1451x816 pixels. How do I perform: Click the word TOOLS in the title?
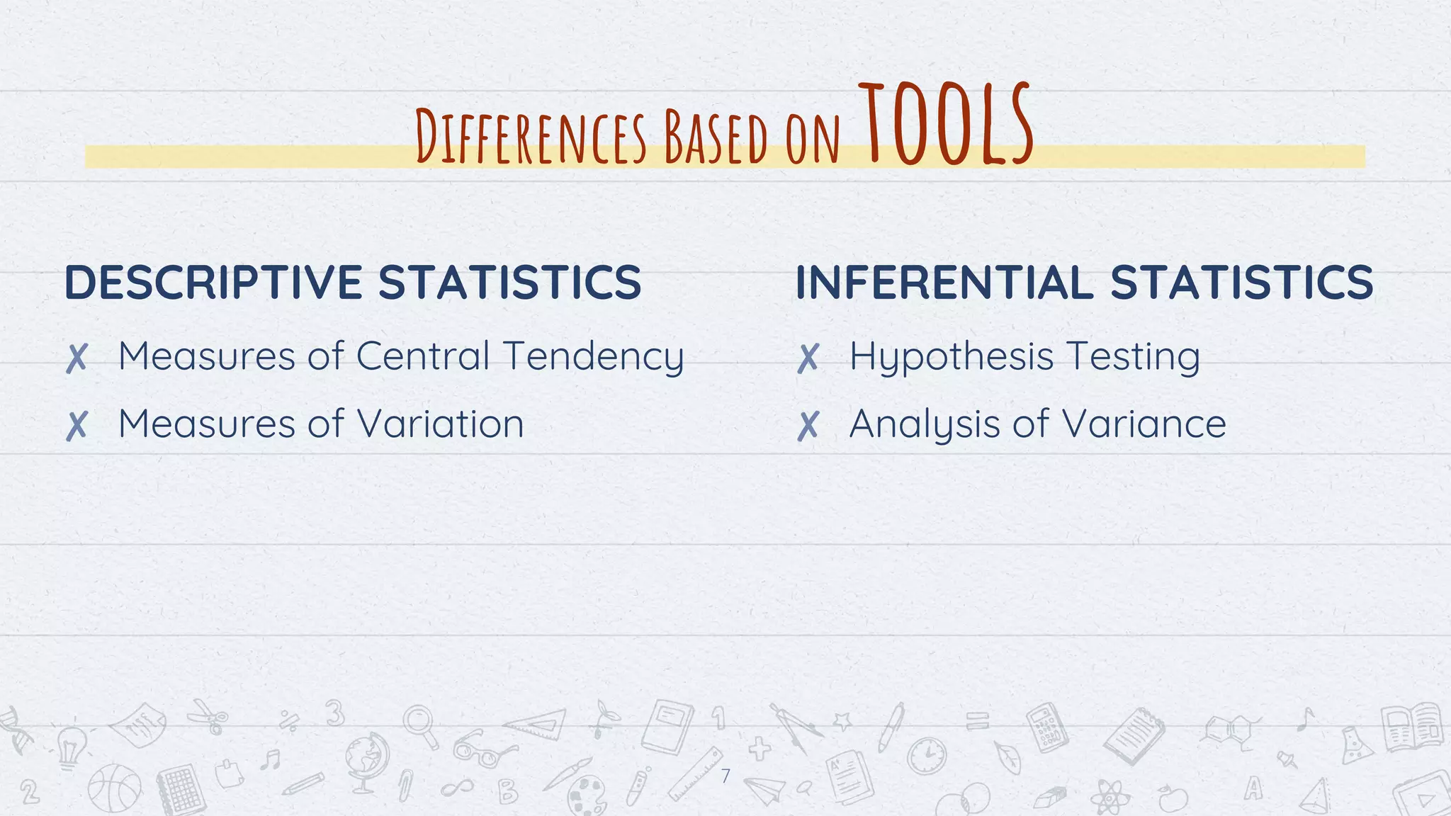[946, 125]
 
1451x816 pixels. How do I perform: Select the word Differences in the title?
[531, 137]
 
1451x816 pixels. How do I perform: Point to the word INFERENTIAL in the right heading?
[944, 282]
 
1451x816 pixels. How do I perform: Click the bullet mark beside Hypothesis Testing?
[808, 358]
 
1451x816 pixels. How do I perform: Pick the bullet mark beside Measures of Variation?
[77, 426]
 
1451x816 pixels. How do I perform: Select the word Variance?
[1144, 424]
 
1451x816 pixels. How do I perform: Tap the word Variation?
[440, 424]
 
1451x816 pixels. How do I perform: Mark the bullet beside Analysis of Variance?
[808, 426]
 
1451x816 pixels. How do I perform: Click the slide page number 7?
[725, 776]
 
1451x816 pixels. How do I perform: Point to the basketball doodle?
[114, 788]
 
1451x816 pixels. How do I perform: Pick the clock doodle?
[927, 755]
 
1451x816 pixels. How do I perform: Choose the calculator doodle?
[1046, 727]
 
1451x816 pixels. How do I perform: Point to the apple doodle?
[1173, 799]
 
